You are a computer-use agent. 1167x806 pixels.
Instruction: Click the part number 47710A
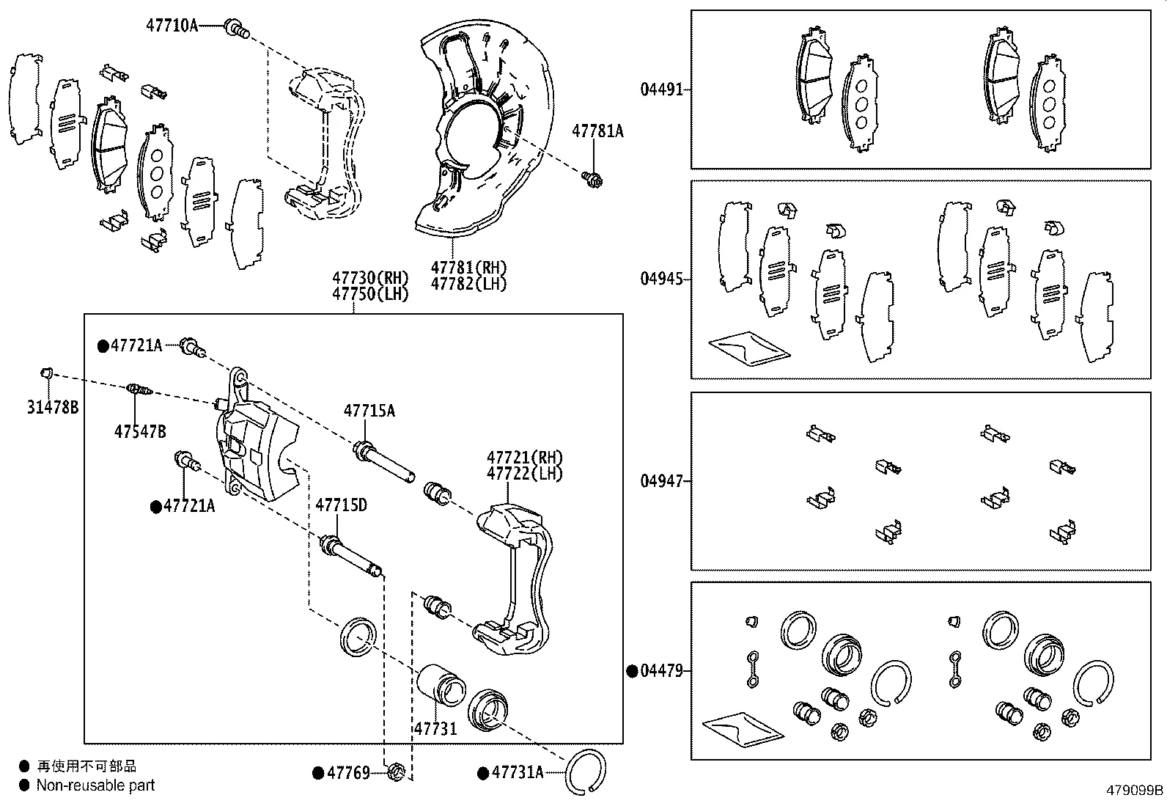172,26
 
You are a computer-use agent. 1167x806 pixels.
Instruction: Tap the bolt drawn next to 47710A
236,29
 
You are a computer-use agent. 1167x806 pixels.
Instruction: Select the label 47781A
597,131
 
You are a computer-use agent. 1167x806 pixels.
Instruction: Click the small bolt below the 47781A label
592,177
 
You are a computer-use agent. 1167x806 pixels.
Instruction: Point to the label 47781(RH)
468,268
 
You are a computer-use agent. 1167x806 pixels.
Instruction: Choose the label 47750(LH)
370,293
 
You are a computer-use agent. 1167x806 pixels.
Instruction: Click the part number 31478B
53,408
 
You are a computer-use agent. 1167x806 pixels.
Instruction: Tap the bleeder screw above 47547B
139,389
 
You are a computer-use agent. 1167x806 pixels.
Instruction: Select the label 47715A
369,411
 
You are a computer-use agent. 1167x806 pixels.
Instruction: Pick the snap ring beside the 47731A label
586,772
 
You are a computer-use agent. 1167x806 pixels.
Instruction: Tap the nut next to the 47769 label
396,772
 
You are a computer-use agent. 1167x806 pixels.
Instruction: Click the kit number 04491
661,89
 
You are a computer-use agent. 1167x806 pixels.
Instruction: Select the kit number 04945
661,279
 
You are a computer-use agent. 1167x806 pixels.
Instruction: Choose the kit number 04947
661,481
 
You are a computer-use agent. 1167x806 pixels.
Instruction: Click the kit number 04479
661,670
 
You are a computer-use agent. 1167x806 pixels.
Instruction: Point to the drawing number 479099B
1135,791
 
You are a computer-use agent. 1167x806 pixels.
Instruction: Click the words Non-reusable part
96,785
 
